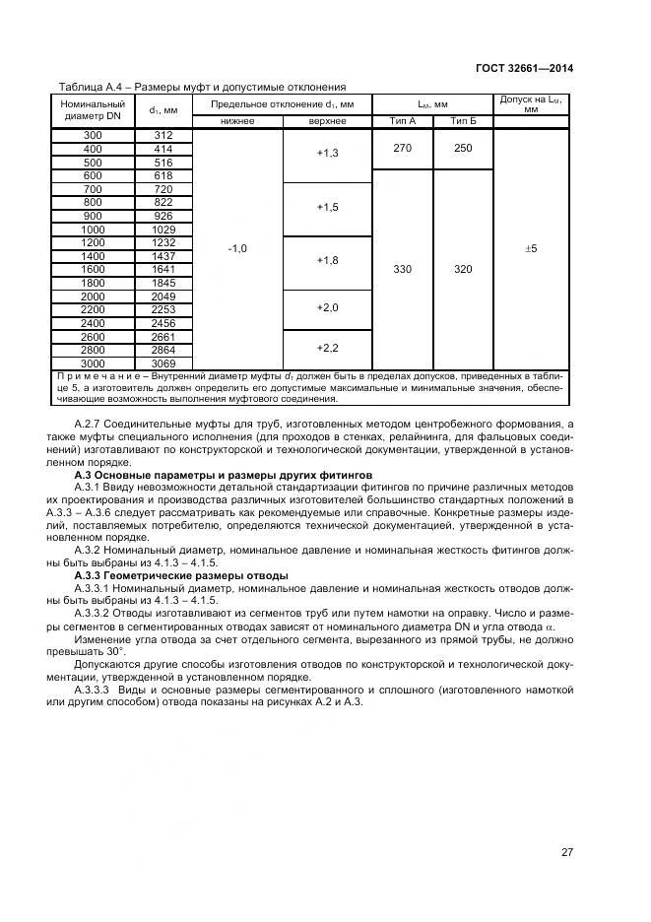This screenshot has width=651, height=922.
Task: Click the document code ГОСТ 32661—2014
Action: point(524,68)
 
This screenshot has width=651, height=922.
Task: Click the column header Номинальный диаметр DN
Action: point(93,109)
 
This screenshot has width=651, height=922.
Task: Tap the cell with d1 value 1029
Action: point(163,229)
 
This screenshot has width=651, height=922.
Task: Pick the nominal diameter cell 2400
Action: point(93,322)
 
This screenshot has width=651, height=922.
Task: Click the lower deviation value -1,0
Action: point(237,249)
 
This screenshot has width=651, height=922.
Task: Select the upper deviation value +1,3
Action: point(327,155)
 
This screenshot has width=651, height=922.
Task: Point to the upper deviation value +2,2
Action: point(327,349)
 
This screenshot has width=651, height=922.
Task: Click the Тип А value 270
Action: point(403,148)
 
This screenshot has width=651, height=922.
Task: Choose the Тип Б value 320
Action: point(463,269)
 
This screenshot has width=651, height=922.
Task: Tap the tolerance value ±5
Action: point(531,249)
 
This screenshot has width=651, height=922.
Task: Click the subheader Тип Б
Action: point(463,121)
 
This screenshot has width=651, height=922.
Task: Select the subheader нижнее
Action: point(237,121)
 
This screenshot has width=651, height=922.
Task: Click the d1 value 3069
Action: point(163,362)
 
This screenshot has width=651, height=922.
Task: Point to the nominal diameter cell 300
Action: point(93,135)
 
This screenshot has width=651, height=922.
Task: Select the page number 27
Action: point(567,852)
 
